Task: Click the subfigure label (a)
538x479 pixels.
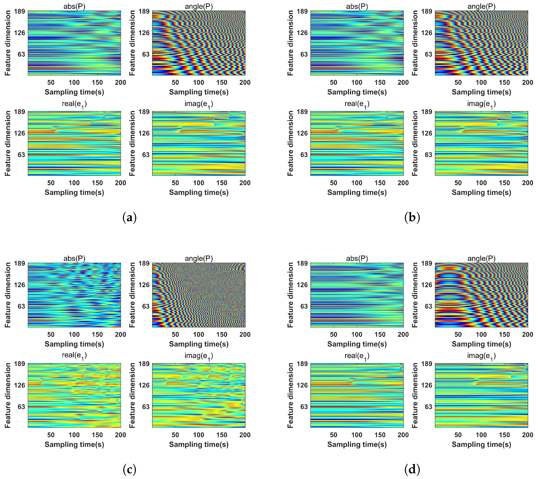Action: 129,218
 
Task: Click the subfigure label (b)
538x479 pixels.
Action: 412,218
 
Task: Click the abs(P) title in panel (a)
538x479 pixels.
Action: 74,7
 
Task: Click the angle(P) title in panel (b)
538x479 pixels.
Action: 481,7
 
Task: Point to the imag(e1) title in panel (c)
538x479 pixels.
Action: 199,356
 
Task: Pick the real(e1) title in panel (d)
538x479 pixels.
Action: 357,356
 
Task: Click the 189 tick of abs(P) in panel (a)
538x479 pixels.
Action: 20,11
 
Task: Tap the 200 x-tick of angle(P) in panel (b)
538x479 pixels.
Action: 527,82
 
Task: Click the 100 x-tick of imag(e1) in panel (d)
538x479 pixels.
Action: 481,435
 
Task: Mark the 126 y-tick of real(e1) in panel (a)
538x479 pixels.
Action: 20,133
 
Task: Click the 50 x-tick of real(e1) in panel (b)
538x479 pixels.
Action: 333,183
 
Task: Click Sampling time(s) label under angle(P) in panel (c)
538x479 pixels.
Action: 199,344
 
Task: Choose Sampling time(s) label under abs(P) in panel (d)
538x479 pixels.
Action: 357,344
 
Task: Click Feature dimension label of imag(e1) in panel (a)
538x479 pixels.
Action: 132,143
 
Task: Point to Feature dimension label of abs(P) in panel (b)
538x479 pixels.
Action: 290,43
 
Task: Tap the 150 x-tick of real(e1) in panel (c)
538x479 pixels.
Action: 97,435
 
